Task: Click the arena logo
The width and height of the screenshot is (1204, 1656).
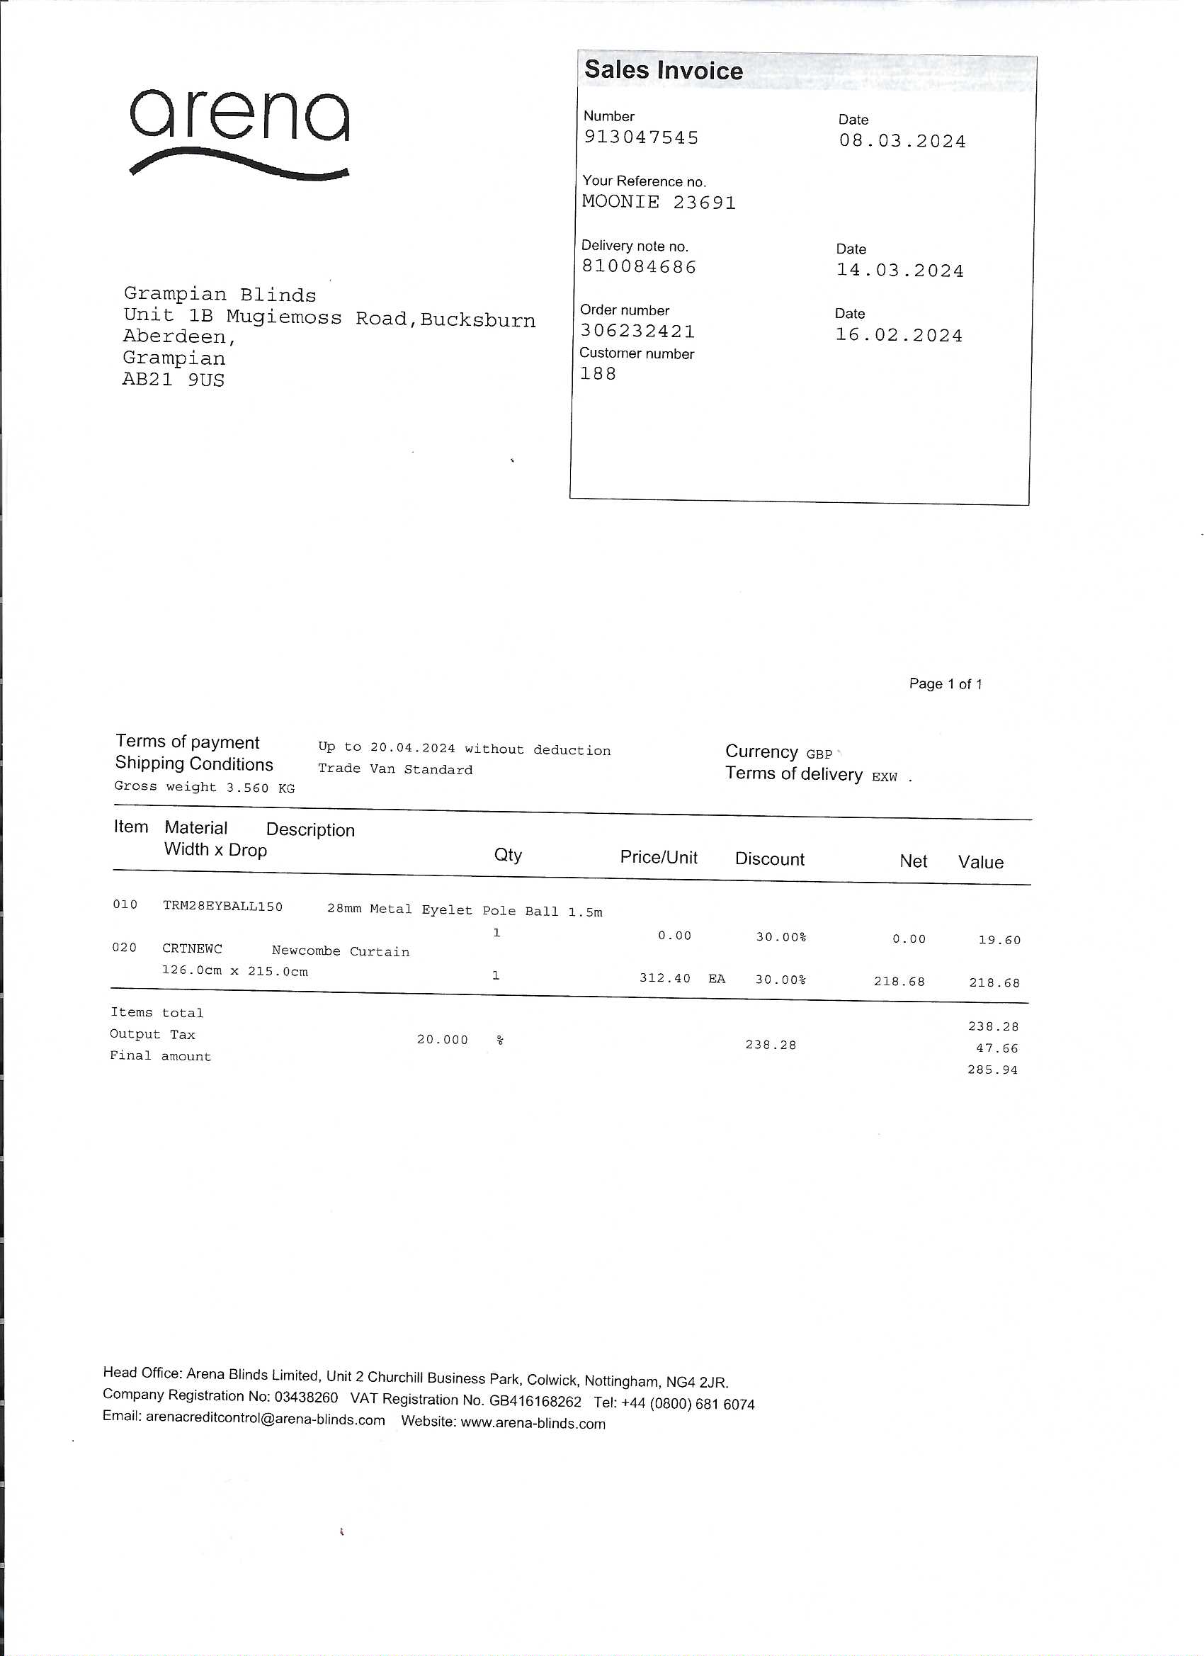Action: tap(239, 132)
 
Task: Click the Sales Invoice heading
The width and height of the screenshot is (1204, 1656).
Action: tap(663, 70)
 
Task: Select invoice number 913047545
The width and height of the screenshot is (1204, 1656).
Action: tap(641, 138)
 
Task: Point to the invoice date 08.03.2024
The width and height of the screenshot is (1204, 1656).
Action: tap(902, 142)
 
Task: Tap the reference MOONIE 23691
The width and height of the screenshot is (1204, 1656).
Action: tap(659, 203)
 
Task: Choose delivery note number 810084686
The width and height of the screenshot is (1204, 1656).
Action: tap(639, 267)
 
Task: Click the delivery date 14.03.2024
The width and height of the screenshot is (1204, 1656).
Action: tap(899, 271)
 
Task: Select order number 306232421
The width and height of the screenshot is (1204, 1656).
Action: tap(637, 331)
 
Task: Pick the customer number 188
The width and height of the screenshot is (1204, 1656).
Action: tap(598, 374)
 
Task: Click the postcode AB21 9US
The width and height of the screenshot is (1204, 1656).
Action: tap(173, 380)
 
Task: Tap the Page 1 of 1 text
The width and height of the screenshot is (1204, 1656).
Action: tap(945, 684)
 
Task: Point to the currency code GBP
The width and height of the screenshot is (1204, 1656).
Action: tap(819, 754)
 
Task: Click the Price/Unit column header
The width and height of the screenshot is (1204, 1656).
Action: tap(659, 857)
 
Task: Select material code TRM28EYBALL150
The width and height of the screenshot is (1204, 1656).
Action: tap(222, 906)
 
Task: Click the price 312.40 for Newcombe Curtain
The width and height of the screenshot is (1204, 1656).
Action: tap(664, 977)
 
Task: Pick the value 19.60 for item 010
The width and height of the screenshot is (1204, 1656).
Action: tap(999, 941)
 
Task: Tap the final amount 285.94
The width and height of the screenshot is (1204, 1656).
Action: tap(992, 1070)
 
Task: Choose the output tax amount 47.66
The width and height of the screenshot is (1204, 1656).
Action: tap(996, 1048)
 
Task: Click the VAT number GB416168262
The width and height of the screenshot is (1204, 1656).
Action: tap(536, 1402)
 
